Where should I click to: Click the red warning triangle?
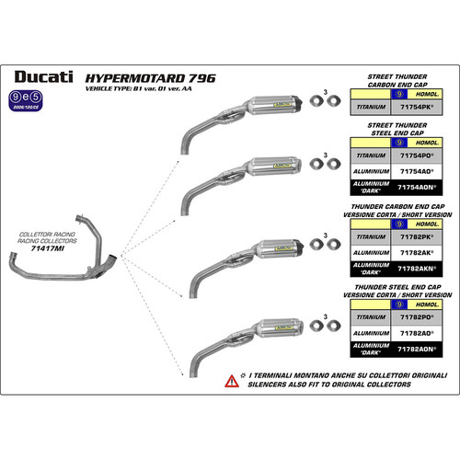231,381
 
